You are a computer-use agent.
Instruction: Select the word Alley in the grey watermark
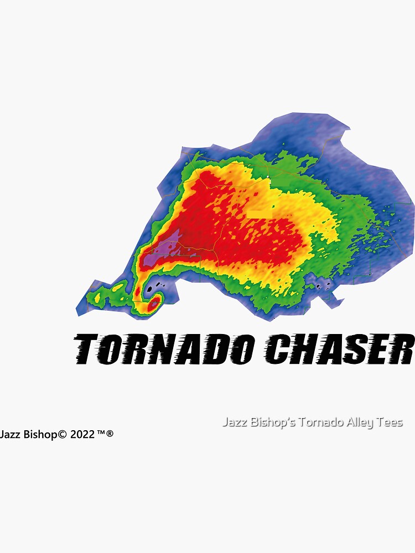pos(362,423)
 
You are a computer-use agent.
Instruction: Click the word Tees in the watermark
pos(391,423)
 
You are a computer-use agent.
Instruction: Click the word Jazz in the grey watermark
pos(235,423)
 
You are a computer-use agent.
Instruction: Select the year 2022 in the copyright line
pos(82,435)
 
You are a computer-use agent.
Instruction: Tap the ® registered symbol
pos(110,434)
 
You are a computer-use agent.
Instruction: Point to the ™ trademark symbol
pos(101,434)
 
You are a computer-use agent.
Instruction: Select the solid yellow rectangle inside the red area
pos(260,213)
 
